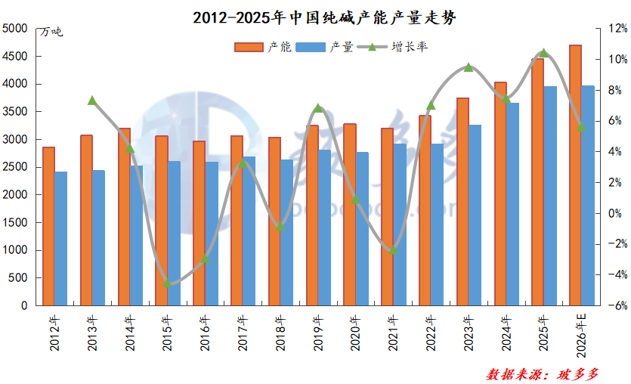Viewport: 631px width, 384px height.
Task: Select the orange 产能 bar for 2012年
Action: [48, 226]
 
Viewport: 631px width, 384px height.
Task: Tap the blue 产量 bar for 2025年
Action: [550, 196]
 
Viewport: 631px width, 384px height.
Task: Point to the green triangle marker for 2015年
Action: [167, 283]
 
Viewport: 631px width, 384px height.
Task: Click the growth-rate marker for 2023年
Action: [469, 67]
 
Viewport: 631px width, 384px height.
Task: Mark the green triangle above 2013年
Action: [92, 101]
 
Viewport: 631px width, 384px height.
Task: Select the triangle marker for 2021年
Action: [393, 249]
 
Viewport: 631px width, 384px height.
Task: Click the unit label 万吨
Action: [51, 32]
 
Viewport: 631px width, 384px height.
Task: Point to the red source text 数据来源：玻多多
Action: [543, 373]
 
